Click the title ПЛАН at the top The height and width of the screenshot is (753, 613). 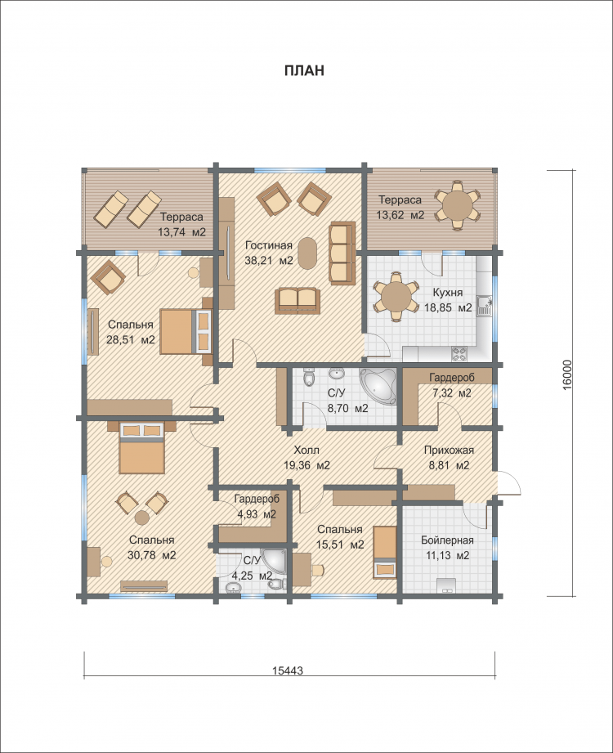click(304, 70)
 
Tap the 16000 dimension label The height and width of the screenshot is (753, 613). click(567, 374)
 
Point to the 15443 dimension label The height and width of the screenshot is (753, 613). click(288, 671)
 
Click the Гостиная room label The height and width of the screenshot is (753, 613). click(269, 245)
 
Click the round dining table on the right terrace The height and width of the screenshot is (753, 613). click(457, 205)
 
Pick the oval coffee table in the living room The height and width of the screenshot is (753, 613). click(308, 253)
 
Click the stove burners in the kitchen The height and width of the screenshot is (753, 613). click(459, 354)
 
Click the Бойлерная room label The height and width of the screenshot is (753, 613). click(447, 540)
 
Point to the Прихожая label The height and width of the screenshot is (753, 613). click(449, 450)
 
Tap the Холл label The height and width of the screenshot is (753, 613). click(306, 450)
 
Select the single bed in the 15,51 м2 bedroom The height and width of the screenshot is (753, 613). click(385, 550)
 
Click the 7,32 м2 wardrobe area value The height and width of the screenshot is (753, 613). click(452, 392)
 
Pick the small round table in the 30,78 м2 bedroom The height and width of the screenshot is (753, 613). click(141, 518)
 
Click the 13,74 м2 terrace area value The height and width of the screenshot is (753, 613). click(182, 232)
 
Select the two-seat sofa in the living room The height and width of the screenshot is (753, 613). click(298, 301)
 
